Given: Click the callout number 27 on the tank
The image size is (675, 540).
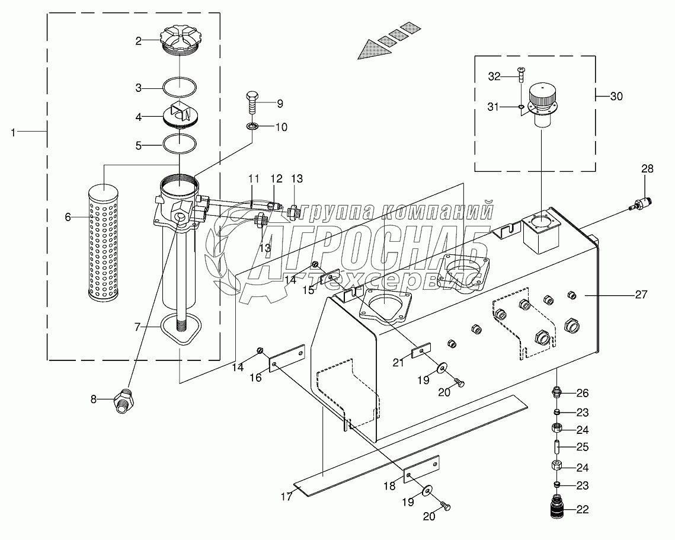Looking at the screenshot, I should (641, 294).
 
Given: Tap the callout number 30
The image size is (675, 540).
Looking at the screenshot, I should (616, 96).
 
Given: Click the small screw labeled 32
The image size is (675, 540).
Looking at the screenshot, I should (520, 74).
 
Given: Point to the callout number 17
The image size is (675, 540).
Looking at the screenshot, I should (286, 497).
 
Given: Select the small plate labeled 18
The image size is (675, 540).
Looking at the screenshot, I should (421, 468).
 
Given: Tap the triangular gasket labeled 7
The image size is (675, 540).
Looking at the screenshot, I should (180, 327).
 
